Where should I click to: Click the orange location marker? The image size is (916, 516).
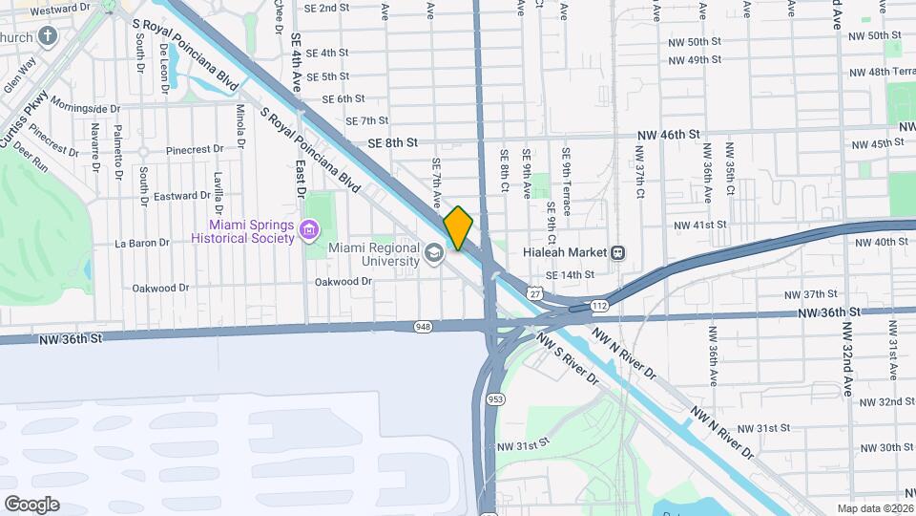pyautogui.click(x=458, y=228)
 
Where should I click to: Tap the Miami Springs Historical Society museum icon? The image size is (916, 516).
pyautogui.click(x=308, y=230)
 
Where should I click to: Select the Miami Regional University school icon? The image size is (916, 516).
pyautogui.click(x=434, y=253)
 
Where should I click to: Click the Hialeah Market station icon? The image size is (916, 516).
pyautogui.click(x=618, y=253)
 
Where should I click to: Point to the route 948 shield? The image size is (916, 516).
pyautogui.click(x=423, y=327)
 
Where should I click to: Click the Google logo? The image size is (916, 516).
pyautogui.click(x=31, y=504)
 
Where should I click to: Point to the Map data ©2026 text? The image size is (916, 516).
pyautogui.click(x=873, y=508)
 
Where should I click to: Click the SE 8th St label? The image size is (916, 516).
pyautogui.click(x=393, y=142)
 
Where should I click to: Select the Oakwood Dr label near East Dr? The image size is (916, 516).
pyautogui.click(x=344, y=282)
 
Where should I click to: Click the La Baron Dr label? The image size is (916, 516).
pyautogui.click(x=141, y=243)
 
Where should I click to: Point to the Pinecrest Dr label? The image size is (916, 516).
pyautogui.click(x=194, y=149)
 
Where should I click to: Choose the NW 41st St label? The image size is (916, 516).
pyautogui.click(x=699, y=225)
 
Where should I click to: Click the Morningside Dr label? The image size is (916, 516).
pyautogui.click(x=86, y=106)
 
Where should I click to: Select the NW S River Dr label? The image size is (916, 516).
pyautogui.click(x=567, y=358)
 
